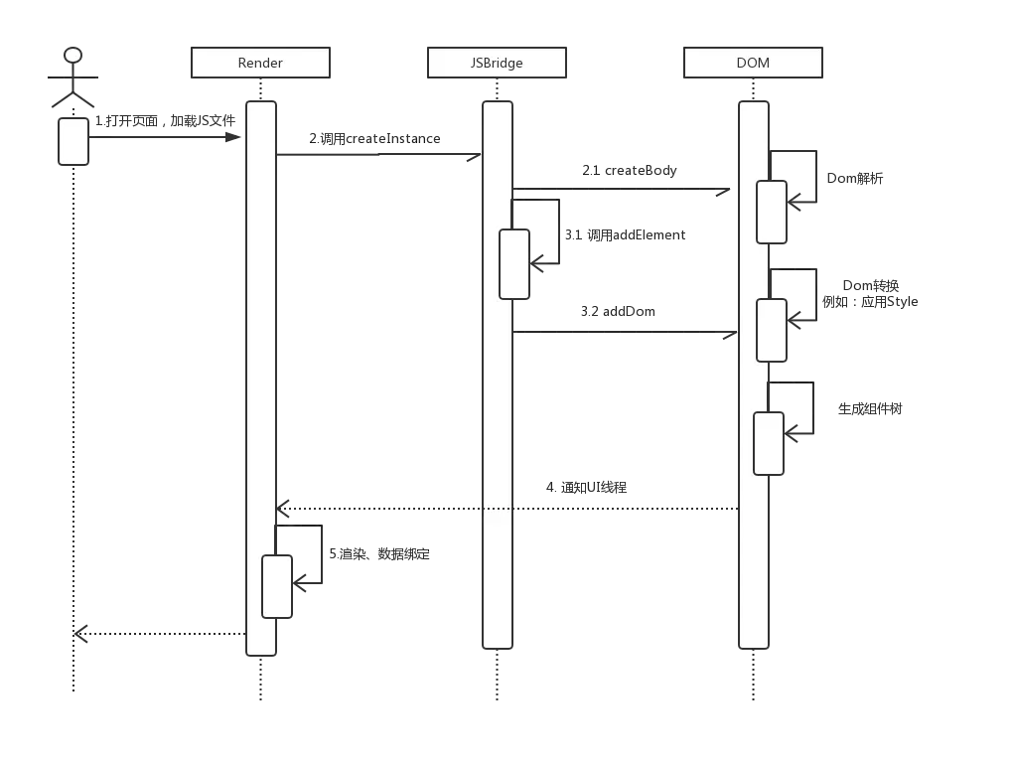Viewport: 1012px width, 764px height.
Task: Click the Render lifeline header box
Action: point(260,64)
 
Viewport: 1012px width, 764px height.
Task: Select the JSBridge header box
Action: point(497,64)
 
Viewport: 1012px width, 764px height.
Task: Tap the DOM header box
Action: point(753,64)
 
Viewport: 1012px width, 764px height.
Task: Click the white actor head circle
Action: point(72,55)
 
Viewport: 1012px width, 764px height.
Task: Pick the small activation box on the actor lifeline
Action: point(73,141)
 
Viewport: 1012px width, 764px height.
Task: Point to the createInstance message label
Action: point(377,139)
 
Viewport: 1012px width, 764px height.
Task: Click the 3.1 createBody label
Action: point(630,171)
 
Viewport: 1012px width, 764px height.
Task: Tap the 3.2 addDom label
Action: point(620,312)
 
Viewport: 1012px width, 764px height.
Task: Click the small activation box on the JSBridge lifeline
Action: point(514,263)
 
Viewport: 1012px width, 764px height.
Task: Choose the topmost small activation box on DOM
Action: point(772,212)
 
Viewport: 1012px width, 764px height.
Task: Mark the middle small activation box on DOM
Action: point(772,330)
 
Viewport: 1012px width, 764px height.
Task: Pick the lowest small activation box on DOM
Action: point(769,443)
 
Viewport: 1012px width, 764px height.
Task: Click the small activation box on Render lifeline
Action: point(277,586)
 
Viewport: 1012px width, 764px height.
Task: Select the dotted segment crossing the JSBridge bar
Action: point(497,509)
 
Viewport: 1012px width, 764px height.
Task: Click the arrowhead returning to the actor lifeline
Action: point(86,631)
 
